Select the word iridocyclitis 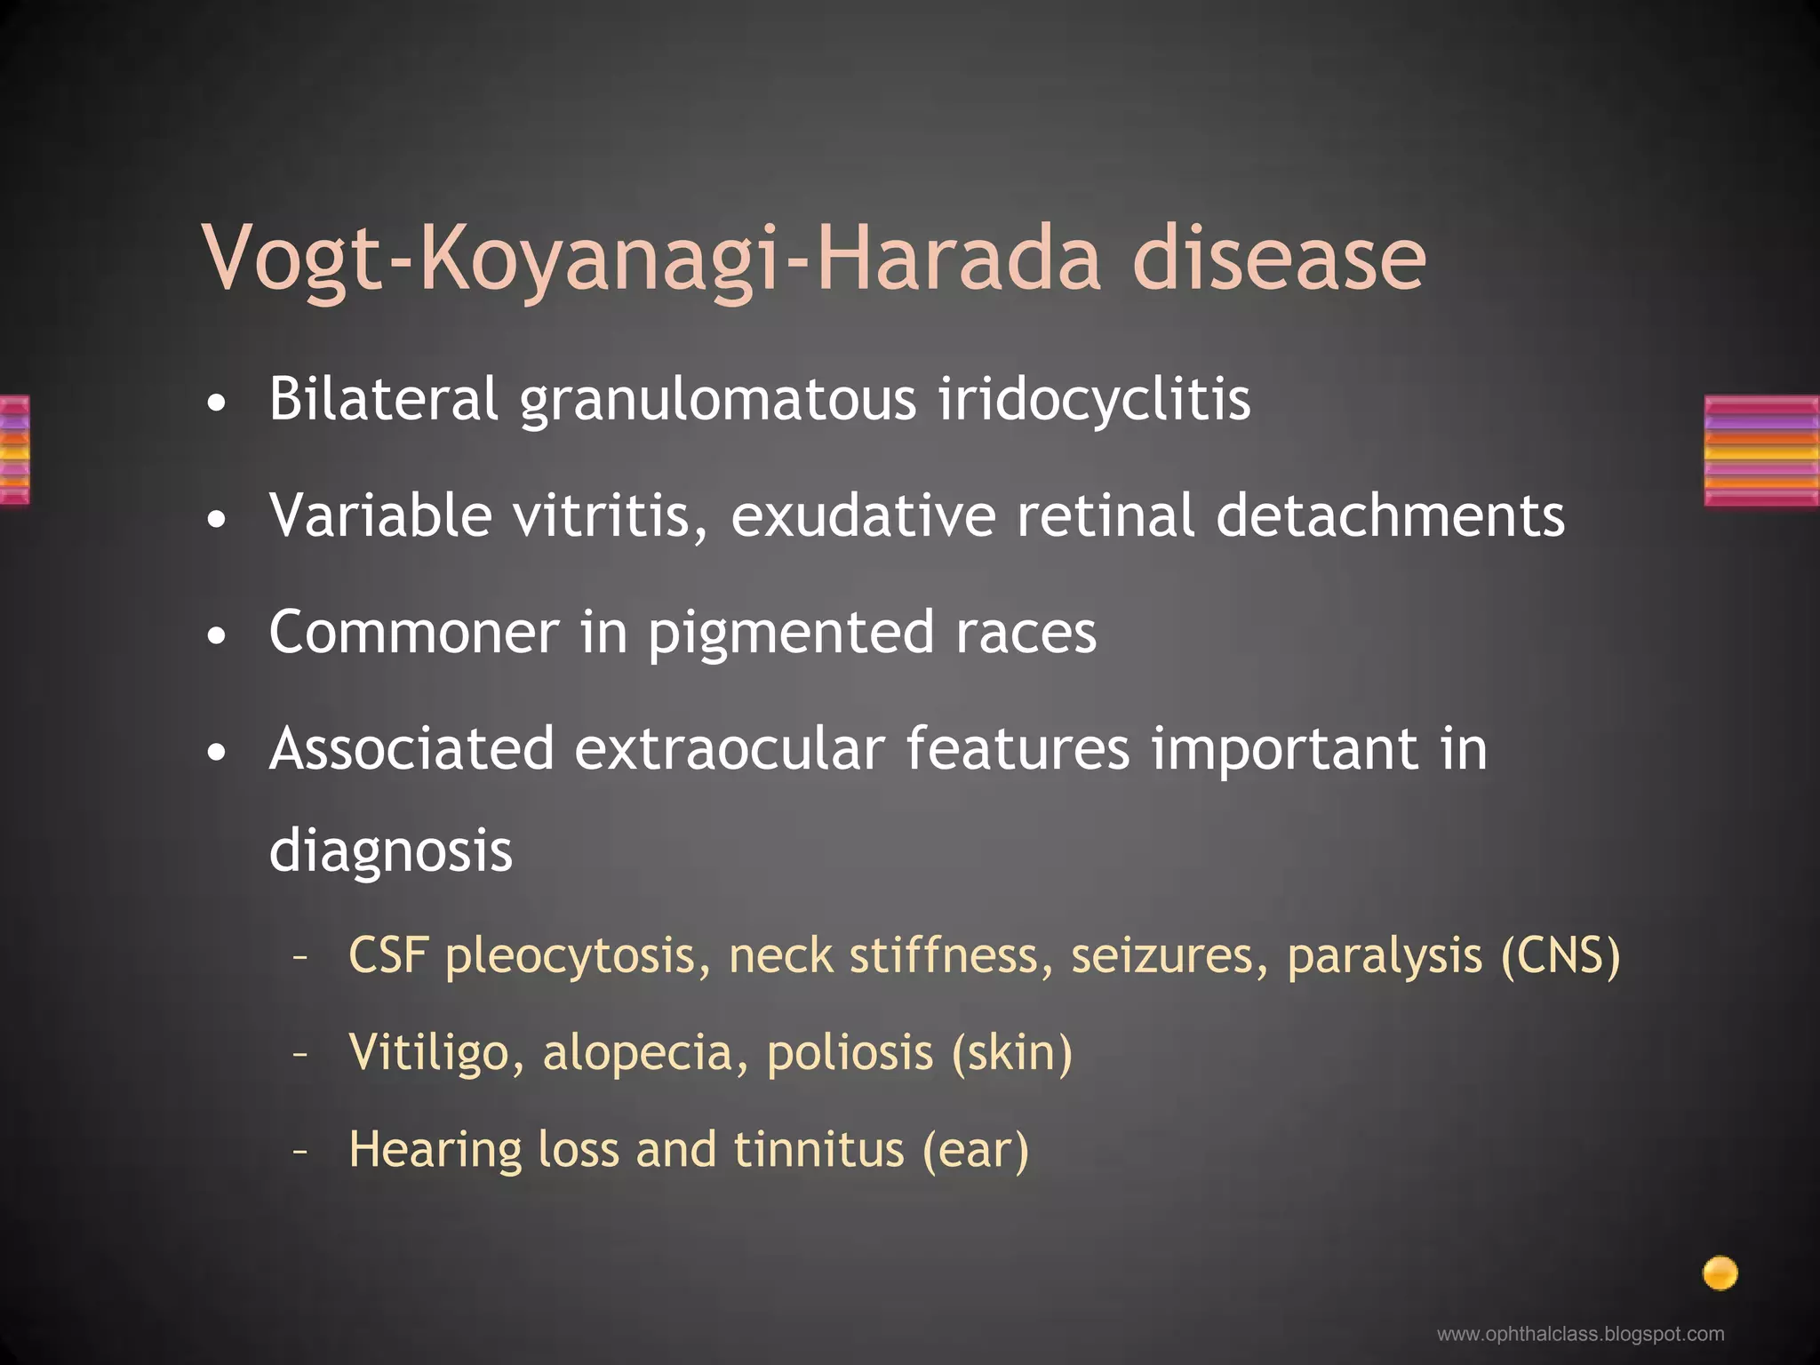(x=1094, y=400)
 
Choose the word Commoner (x=414, y=632)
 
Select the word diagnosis (x=390, y=851)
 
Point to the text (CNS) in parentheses (x=1561, y=956)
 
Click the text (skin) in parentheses (x=1011, y=1053)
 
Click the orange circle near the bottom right (x=1720, y=1273)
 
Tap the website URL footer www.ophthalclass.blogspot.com (x=1580, y=1334)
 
